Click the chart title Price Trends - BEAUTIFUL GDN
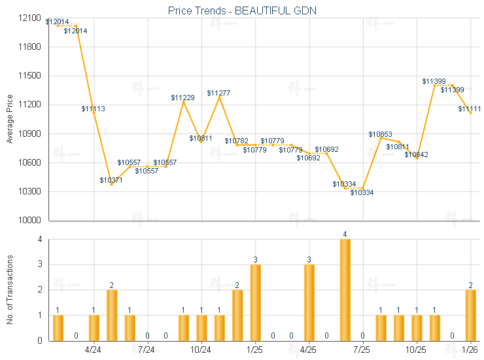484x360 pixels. (x=242, y=10)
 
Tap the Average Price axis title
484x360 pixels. (x=10, y=118)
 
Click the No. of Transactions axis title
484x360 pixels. (x=10, y=289)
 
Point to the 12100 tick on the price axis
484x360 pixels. (x=29, y=18)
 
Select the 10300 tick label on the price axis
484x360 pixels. (x=29, y=192)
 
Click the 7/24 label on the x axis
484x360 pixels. (x=147, y=350)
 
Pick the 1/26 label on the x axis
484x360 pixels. (x=470, y=350)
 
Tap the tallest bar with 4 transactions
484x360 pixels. (x=345, y=289)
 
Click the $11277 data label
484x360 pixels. (x=218, y=93)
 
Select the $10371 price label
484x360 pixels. (x=111, y=180)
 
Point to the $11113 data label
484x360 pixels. (x=93, y=109)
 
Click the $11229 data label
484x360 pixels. (x=182, y=98)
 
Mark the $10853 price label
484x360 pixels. (x=380, y=134)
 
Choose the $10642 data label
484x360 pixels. (x=416, y=154)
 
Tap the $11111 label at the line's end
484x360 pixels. (x=470, y=109)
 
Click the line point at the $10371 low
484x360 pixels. (x=111, y=185)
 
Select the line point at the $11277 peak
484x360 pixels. (x=219, y=98)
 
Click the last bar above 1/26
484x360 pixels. (x=470, y=315)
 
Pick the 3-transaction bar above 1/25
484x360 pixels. (x=255, y=302)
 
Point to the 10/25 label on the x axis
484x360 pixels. (x=416, y=350)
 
